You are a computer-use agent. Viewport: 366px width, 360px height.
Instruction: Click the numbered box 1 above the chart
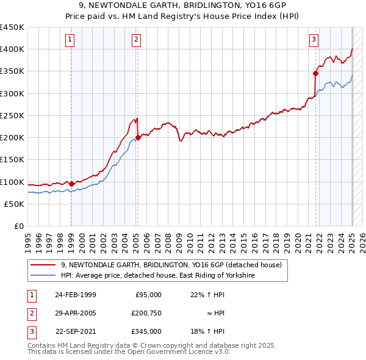[71, 40]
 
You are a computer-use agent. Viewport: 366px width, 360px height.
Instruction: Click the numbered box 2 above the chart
[136, 40]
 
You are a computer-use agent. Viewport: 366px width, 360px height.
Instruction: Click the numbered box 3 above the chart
[314, 40]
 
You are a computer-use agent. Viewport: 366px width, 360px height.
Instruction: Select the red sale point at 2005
[138, 137]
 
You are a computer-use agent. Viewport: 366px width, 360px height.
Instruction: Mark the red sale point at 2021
[316, 73]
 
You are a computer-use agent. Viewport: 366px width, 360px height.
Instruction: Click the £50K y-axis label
[15, 204]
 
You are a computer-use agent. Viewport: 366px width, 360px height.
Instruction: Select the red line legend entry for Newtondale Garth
[171, 265]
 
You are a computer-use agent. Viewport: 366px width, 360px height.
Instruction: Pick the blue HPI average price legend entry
[157, 276]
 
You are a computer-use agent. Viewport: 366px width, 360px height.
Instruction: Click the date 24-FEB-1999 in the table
[75, 295]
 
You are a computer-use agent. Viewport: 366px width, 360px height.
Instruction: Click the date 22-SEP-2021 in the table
[75, 331]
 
